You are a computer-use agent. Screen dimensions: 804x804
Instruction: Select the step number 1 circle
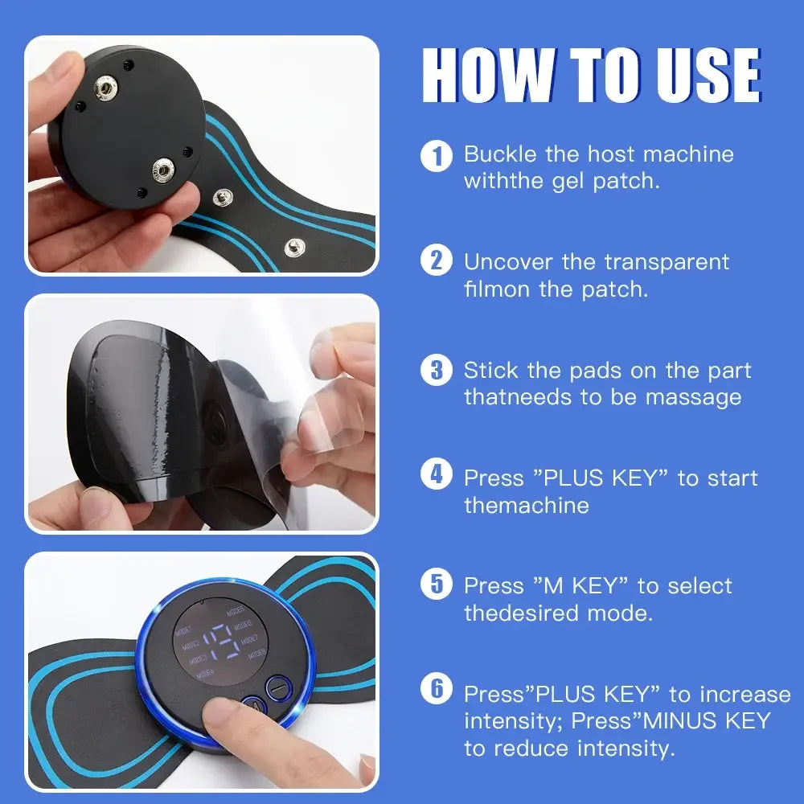(x=437, y=155)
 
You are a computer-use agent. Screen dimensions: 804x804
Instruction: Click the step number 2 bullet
(x=437, y=262)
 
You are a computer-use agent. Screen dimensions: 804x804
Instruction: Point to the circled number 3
(x=437, y=371)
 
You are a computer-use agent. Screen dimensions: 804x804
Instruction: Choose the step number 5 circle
(x=437, y=585)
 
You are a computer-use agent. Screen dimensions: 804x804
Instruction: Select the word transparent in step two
(x=667, y=262)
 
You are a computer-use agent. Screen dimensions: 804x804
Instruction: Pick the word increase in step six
(x=745, y=694)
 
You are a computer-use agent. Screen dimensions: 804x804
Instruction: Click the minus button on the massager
(x=276, y=687)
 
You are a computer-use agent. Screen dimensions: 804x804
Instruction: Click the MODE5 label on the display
(x=236, y=612)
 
